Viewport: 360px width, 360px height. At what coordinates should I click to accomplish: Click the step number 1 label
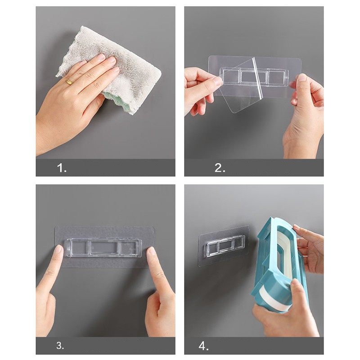(62, 168)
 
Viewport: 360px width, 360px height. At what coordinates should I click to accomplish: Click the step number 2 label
(220, 168)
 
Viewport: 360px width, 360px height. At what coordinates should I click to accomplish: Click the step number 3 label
(60, 346)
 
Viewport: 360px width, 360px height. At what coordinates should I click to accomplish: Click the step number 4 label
(203, 346)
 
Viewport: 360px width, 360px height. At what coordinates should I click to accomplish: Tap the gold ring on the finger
(69, 82)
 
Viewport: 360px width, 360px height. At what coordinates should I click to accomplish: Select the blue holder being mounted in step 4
(283, 264)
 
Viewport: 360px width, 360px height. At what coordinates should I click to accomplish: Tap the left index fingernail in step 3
(59, 249)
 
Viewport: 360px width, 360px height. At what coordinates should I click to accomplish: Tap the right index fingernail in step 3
(151, 251)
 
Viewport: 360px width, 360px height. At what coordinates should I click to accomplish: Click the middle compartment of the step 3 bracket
(105, 248)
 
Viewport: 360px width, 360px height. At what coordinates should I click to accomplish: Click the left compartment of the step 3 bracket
(79, 247)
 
